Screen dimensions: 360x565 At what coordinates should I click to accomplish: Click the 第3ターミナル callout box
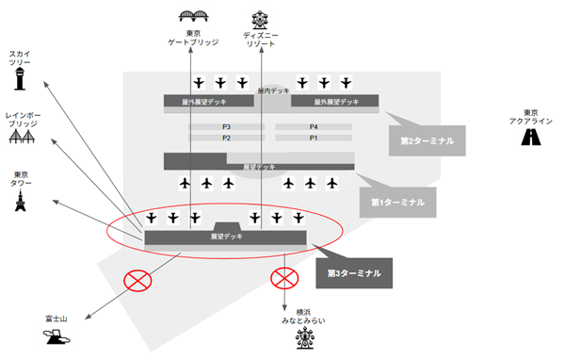(x=354, y=272)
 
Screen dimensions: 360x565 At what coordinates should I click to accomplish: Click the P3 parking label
(x=226, y=126)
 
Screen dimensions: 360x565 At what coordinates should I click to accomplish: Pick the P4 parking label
(x=314, y=126)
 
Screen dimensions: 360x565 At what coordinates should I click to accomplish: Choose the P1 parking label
(x=314, y=138)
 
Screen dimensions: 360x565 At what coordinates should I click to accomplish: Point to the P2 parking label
(x=226, y=138)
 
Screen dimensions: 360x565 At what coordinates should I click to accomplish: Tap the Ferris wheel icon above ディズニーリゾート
(x=259, y=17)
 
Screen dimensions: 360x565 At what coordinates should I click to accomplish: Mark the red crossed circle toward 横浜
(x=283, y=278)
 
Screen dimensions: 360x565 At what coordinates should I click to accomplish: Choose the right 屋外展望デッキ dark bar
(x=335, y=101)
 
